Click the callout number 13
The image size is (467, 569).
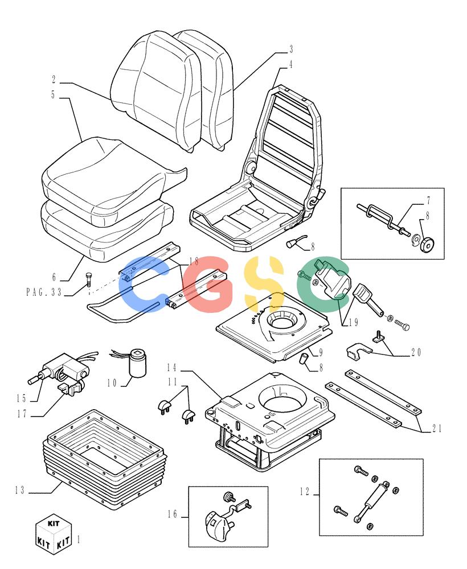pos(19,490)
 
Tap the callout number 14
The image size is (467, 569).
pos(172,368)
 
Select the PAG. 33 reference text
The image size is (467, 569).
pos(44,292)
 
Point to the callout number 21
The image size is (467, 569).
pos(437,428)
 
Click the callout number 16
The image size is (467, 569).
pos(173,514)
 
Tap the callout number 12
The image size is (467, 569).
pos(305,492)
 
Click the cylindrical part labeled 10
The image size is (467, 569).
pos(137,363)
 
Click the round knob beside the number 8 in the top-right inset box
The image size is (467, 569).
pos(427,246)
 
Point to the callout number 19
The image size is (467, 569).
pos(353,322)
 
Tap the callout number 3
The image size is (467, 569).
pos(291,49)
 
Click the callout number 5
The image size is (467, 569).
pos(53,94)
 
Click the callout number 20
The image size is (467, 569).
pos(416,352)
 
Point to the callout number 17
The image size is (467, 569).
pos(22,414)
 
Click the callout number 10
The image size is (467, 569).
pos(112,382)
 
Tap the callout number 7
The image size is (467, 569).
pos(428,200)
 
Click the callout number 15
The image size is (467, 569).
pos(21,398)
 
